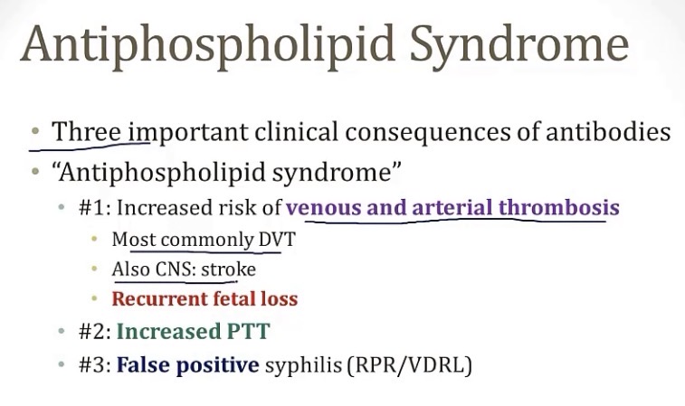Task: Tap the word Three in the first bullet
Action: coord(86,131)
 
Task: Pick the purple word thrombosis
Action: coord(558,207)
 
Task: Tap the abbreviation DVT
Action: coord(277,240)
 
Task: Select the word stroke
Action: coord(228,269)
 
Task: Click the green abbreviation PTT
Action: coord(248,331)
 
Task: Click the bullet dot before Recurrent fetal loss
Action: coord(94,299)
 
